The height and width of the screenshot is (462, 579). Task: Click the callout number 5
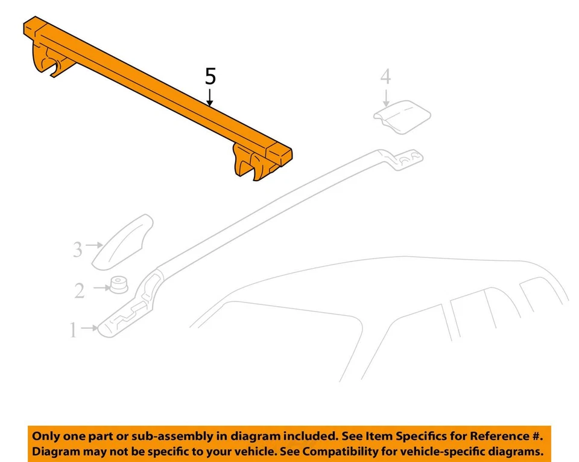pyautogui.click(x=210, y=77)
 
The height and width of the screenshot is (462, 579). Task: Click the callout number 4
pyautogui.click(x=385, y=77)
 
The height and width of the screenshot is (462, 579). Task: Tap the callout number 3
pyautogui.click(x=77, y=249)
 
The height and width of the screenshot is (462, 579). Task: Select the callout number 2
pyautogui.click(x=80, y=291)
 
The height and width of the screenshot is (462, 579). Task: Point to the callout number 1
pyautogui.click(x=73, y=330)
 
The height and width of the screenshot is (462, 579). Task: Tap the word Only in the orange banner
pyautogui.click(x=45, y=436)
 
